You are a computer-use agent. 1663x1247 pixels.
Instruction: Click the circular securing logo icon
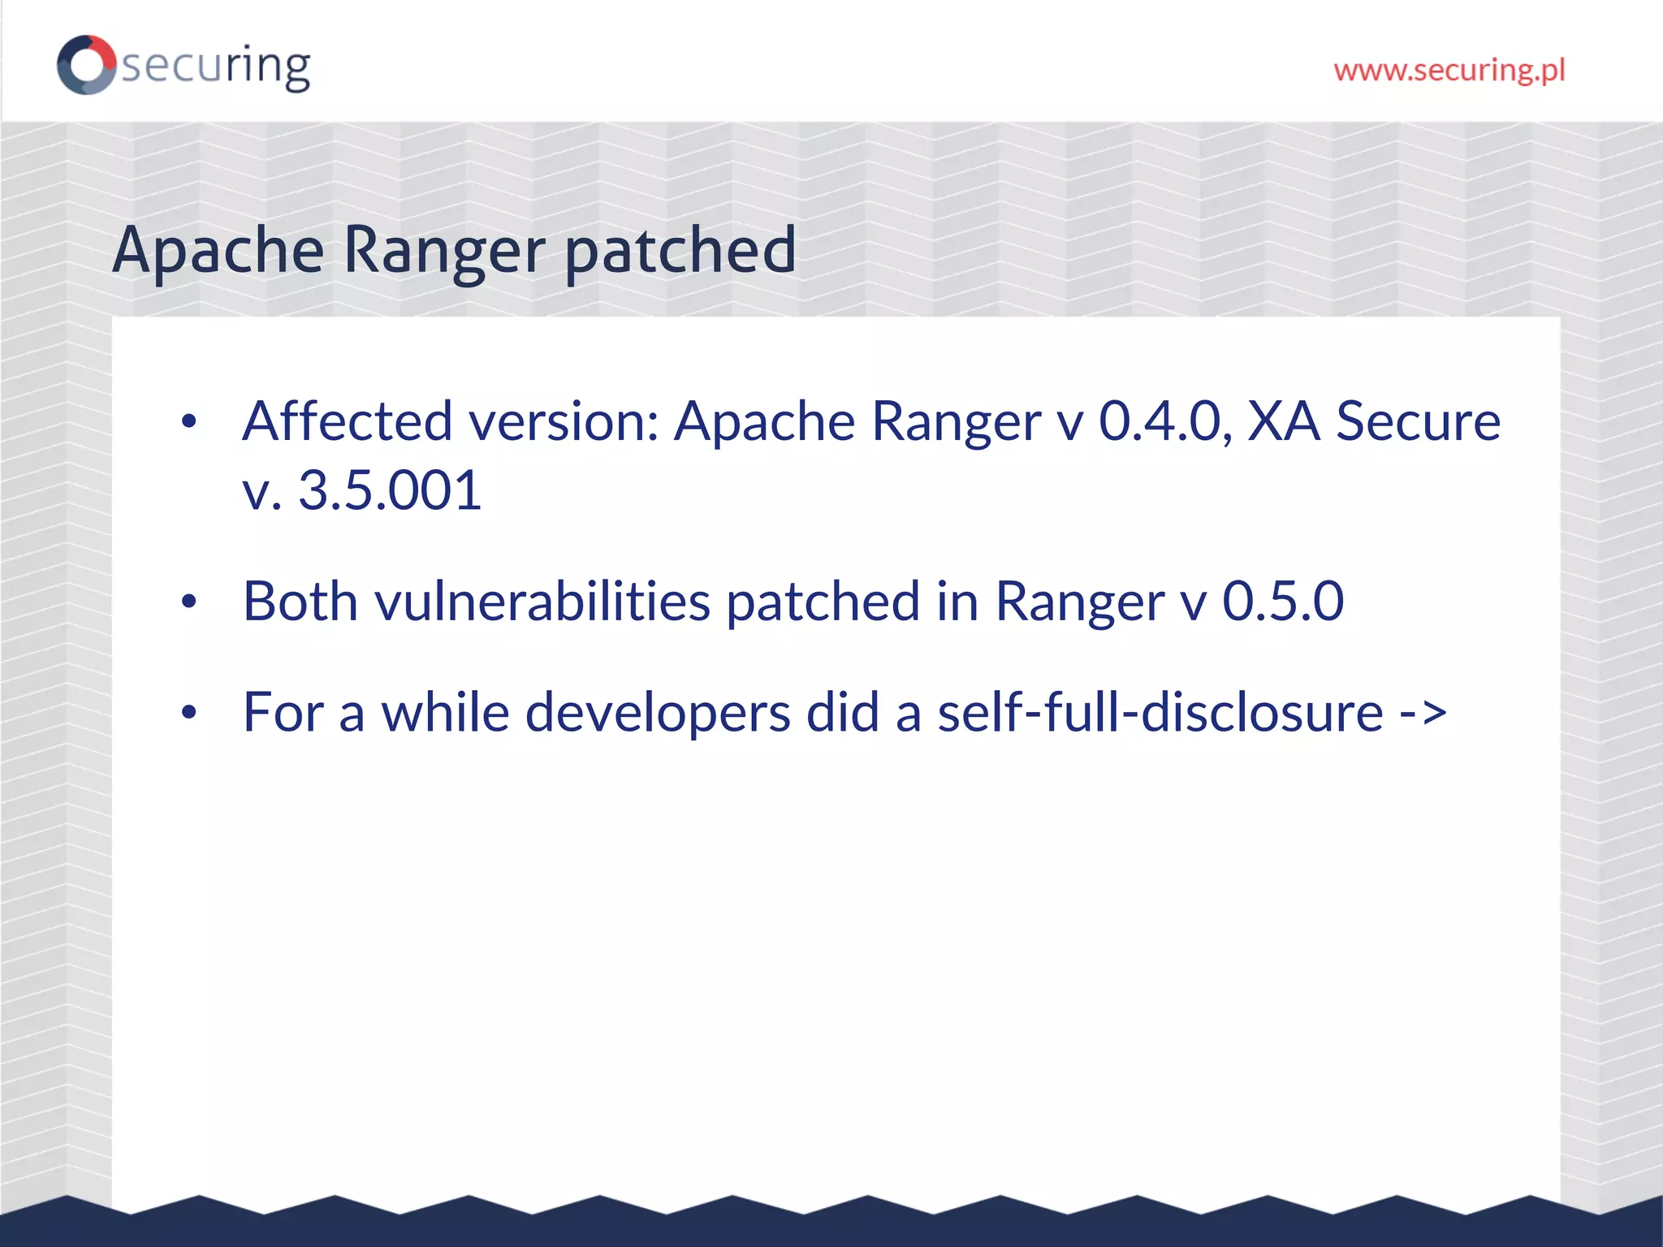[x=86, y=65]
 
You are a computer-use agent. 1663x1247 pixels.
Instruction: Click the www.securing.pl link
[x=1449, y=70]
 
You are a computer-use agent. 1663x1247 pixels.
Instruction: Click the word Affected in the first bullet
[x=348, y=421]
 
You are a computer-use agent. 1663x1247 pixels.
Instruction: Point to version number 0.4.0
[x=1160, y=421]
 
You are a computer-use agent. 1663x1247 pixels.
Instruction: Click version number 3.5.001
[x=390, y=490]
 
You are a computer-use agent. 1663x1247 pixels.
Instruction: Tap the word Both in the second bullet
[x=300, y=602]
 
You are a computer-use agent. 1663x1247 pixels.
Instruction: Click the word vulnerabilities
[x=542, y=602]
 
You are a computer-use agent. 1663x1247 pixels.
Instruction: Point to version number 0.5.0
[x=1283, y=602]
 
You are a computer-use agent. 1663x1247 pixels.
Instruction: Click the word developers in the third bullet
[x=658, y=713]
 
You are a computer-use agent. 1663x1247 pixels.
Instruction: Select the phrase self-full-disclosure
[x=1160, y=713]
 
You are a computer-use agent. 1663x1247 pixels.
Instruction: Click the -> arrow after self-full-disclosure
[x=1423, y=713]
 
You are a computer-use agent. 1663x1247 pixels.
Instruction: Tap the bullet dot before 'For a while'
[x=189, y=714]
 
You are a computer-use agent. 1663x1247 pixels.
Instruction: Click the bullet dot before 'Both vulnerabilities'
[x=189, y=602]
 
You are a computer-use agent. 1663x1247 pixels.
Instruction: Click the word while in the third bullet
[x=445, y=713]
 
